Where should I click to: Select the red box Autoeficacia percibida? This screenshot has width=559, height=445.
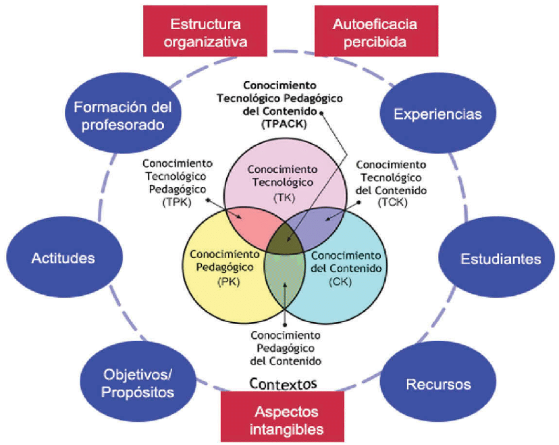tap(375, 32)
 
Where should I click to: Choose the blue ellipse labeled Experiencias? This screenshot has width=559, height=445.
tap(437, 113)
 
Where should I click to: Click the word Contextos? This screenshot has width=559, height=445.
tap(283, 384)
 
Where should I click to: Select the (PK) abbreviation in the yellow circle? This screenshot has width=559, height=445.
tap(225, 282)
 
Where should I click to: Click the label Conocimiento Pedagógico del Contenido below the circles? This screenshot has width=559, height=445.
tap(286, 347)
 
